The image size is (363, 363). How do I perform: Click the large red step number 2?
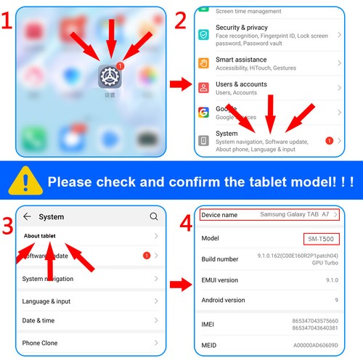(x=180, y=20)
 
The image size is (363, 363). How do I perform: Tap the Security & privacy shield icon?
(x=203, y=34)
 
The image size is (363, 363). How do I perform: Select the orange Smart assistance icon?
(x=203, y=63)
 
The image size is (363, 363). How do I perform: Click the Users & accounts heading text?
(x=241, y=84)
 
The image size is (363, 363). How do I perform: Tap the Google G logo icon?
(x=203, y=112)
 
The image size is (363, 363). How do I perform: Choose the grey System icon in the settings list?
(x=203, y=140)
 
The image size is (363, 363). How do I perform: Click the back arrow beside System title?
(x=27, y=216)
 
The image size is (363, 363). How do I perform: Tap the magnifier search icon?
(x=154, y=216)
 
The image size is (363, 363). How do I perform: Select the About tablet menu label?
(x=40, y=236)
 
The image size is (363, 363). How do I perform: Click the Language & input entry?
(x=46, y=301)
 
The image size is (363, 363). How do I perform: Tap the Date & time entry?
(x=38, y=321)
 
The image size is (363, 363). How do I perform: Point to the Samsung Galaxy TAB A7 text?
(x=294, y=215)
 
